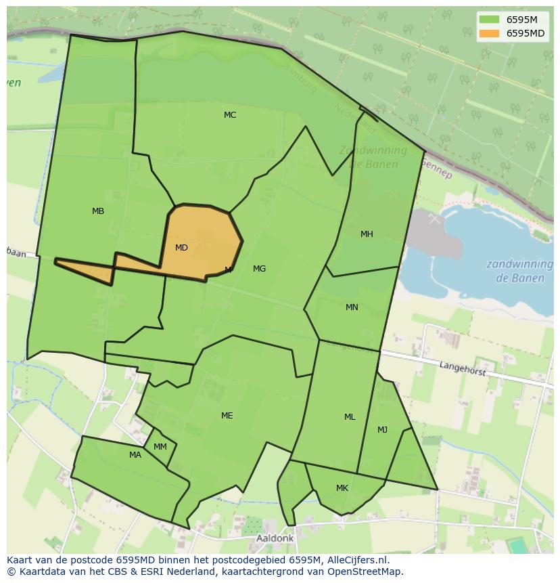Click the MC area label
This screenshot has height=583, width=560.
pyautogui.click(x=230, y=115)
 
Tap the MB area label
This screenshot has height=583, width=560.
pyautogui.click(x=98, y=211)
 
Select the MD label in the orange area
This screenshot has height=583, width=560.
pyautogui.click(x=181, y=248)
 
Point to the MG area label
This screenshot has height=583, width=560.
pyautogui.click(x=259, y=269)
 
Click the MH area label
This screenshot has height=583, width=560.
pyautogui.click(x=367, y=234)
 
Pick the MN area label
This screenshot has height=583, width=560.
pyautogui.click(x=352, y=307)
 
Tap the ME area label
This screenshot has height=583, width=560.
pyautogui.click(x=227, y=416)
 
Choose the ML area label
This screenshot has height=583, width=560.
pyautogui.click(x=350, y=417)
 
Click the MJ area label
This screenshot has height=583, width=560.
pyautogui.click(x=383, y=430)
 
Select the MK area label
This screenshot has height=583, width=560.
pyautogui.click(x=342, y=488)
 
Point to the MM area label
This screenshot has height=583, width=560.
pyautogui.click(x=160, y=447)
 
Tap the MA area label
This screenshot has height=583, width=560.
pyautogui.click(x=135, y=455)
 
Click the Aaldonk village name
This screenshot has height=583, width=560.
pyautogui.click(x=275, y=538)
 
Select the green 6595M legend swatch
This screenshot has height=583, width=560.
pyautogui.click(x=489, y=20)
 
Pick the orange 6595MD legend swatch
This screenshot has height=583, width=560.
pyautogui.click(x=489, y=33)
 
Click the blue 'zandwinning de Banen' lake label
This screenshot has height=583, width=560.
pyautogui.click(x=515, y=271)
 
